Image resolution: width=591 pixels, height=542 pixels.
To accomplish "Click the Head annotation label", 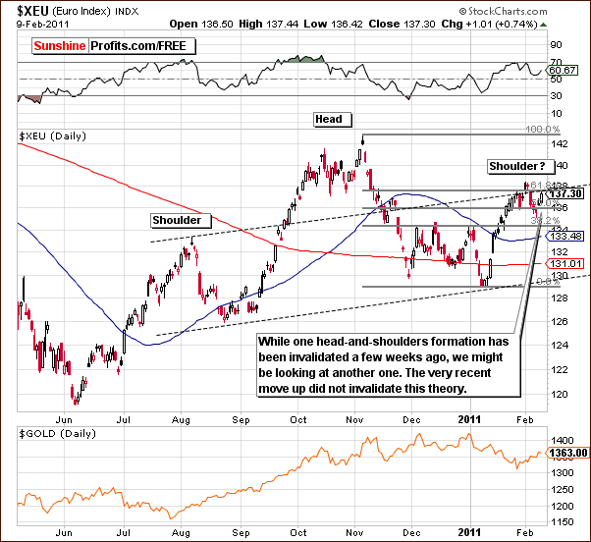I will (328, 119).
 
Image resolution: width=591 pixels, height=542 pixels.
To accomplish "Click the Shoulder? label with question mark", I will (520, 167).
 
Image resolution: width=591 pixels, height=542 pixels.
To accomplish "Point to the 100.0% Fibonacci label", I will (542, 130).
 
